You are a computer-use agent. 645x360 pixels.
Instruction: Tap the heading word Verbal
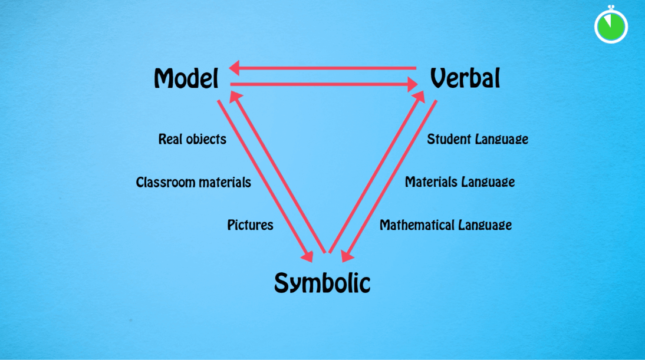465,77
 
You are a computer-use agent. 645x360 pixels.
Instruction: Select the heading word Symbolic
322,283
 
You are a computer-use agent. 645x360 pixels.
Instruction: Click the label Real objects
192,139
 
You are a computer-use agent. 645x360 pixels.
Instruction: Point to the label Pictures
249,225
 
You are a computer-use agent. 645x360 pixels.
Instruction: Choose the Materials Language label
459,182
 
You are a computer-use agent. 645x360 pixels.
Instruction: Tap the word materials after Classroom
225,182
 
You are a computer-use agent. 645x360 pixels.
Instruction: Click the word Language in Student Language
504,139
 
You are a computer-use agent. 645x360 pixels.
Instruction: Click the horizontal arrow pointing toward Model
320,68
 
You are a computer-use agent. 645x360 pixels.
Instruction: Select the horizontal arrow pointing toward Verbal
320,85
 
